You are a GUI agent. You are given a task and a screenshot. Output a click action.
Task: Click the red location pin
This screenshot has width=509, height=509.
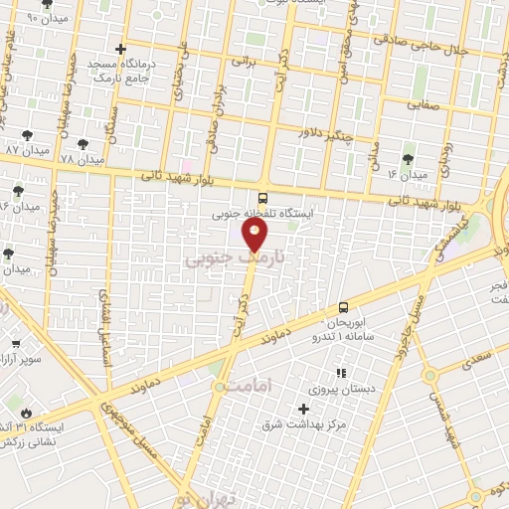[255, 234]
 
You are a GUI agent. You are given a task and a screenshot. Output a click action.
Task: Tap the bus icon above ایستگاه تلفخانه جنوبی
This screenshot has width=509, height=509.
[262, 197]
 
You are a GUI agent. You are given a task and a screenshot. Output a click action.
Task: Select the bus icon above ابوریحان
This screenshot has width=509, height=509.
[343, 307]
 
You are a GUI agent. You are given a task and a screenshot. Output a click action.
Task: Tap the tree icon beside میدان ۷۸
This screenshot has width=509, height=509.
[84, 143]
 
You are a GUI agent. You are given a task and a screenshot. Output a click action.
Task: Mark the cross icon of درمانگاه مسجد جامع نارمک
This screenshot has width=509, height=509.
[121, 48]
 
